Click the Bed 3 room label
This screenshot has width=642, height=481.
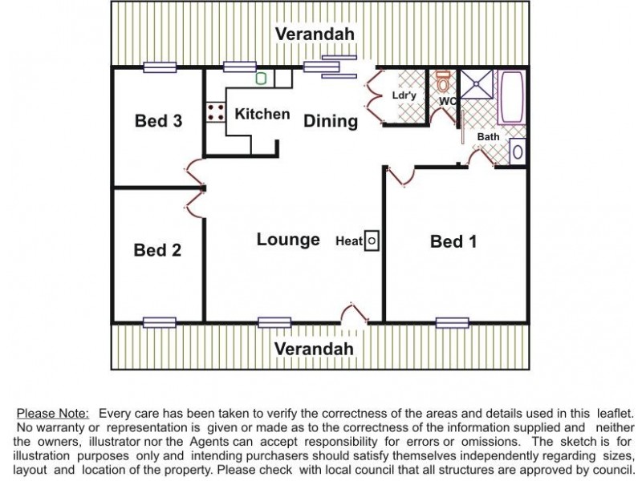[x=158, y=121]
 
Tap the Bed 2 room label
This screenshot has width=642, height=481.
[x=157, y=250]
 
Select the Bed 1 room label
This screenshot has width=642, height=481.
[x=453, y=241]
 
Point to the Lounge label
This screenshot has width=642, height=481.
[x=288, y=239]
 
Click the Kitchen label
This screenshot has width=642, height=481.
[x=262, y=114]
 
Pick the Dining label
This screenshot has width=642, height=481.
[x=331, y=121]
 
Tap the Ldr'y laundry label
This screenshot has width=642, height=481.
[x=404, y=95]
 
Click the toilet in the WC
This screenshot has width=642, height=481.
[x=443, y=81]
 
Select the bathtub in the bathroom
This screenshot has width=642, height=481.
[x=511, y=96]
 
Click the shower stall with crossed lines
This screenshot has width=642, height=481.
[x=477, y=84]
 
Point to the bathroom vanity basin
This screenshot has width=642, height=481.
[x=518, y=152]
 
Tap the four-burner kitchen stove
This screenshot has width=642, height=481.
[x=215, y=112]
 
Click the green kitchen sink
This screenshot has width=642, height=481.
[x=262, y=78]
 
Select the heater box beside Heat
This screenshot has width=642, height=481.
[x=372, y=240]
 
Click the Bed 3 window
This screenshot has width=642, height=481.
[x=160, y=67]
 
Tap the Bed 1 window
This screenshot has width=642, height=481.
[x=453, y=323]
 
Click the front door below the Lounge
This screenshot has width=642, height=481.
[x=354, y=314]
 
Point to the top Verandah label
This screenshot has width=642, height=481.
[x=315, y=34]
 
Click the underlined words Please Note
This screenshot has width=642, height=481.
[x=52, y=414]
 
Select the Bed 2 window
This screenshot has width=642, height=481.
[x=160, y=323]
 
